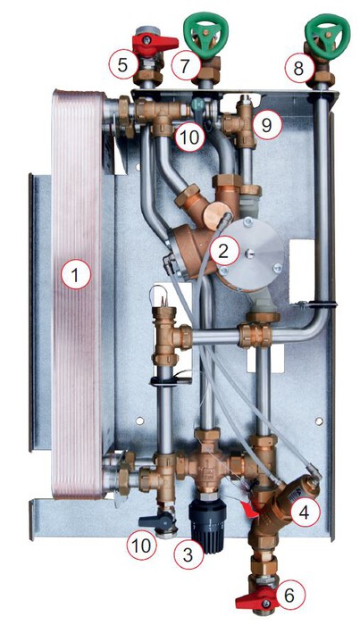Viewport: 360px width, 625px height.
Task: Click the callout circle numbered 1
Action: (76, 274)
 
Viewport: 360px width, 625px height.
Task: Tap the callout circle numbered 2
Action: (224, 251)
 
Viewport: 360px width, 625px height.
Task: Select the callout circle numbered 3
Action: (188, 554)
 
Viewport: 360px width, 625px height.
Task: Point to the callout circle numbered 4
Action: (305, 512)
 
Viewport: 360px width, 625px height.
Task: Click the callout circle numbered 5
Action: (123, 65)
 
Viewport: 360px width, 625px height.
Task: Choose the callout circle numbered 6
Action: (289, 595)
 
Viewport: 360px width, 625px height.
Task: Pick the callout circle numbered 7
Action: (186, 66)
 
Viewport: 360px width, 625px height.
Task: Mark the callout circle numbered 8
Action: (299, 68)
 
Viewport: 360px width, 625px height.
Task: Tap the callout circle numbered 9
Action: (267, 125)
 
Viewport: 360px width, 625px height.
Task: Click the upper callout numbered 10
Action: (189, 137)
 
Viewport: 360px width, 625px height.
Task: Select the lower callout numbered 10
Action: (142, 545)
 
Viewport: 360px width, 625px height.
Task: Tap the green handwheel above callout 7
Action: (205, 34)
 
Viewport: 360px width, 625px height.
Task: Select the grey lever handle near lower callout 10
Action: (155, 521)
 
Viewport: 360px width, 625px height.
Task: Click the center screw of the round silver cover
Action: (249, 252)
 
